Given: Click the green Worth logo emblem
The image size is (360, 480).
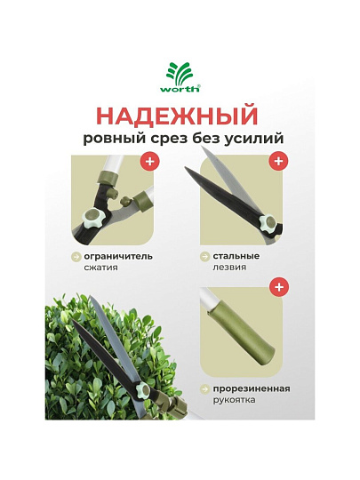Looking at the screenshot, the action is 179,74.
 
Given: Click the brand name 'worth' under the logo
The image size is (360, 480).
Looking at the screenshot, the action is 180,89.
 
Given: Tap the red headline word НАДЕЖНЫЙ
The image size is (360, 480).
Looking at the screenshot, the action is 179,116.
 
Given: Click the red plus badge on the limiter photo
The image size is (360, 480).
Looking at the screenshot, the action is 150,161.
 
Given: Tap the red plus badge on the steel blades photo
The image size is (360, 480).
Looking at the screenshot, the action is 278,161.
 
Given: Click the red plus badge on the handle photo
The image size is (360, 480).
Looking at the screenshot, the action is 279,287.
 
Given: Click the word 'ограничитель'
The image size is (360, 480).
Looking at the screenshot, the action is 118,257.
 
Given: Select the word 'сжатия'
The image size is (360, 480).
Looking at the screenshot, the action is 100,268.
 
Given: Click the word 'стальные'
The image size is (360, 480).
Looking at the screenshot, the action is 236,256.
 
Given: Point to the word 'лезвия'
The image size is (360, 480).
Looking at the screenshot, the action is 229,268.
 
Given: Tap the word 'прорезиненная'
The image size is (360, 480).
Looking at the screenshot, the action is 252,389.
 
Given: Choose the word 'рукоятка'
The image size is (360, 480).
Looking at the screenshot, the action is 234,400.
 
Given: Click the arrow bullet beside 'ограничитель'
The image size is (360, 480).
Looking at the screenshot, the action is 76,257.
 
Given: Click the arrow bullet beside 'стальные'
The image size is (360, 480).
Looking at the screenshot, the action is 204,257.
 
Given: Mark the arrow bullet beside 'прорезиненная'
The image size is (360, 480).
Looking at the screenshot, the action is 204,389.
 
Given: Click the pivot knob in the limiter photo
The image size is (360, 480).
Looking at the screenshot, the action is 93,217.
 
